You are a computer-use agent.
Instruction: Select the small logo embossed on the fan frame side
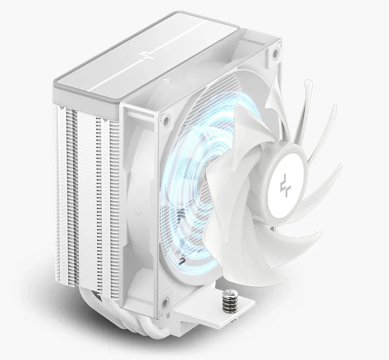click(138, 212)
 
